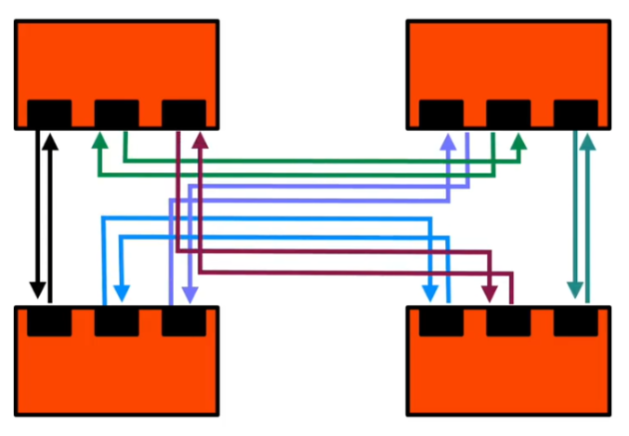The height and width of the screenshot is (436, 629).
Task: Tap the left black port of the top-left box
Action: tap(49, 112)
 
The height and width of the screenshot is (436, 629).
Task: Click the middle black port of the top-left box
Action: tap(117, 112)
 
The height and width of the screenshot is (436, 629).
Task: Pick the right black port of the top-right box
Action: tap(575, 112)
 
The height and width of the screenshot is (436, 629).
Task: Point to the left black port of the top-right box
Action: tap(441, 112)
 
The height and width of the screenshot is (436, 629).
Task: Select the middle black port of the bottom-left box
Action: tap(117, 322)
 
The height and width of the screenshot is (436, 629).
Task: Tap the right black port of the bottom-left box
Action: tap(184, 322)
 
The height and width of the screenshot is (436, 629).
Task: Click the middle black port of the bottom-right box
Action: tap(508, 322)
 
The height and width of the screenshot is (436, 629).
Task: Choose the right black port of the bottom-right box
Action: tap(575, 322)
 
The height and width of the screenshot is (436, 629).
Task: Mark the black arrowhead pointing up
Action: tap(51, 141)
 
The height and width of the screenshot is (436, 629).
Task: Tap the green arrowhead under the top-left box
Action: tap(99, 141)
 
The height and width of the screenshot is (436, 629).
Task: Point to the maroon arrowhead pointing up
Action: tap(200, 141)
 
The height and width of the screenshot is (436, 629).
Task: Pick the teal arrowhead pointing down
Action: tap(575, 291)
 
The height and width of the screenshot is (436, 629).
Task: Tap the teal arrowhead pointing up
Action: tap(587, 141)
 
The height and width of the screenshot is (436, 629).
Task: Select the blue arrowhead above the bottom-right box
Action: tap(430, 291)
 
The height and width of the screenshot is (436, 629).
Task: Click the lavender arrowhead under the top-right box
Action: tap(449, 141)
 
